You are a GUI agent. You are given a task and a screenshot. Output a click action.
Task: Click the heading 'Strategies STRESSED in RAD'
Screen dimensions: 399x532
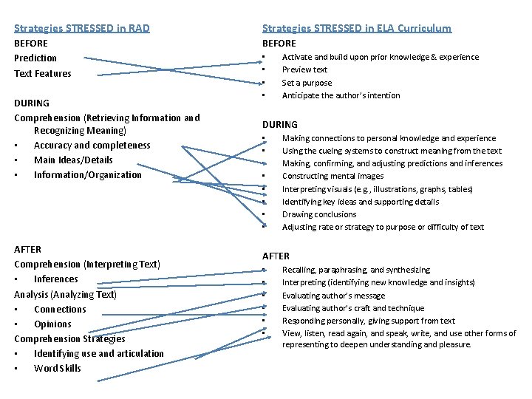82,28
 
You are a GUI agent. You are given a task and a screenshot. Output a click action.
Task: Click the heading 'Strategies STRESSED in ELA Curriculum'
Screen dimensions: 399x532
357,28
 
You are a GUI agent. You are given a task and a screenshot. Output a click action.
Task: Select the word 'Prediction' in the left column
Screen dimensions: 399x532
35,58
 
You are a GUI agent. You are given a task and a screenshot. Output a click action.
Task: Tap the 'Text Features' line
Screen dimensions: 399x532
43,73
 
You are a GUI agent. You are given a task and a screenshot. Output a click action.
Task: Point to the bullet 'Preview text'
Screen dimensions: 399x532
304,69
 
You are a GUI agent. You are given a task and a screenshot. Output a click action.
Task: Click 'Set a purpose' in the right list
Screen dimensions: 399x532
307,83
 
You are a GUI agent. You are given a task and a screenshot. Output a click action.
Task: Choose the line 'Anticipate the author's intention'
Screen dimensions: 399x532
341,95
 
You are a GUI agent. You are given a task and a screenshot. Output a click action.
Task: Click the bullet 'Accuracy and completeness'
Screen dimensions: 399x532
92,146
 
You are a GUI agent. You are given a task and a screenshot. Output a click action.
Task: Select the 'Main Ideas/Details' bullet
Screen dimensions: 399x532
73,160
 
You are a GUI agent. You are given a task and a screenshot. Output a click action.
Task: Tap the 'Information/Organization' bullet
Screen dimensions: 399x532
87,175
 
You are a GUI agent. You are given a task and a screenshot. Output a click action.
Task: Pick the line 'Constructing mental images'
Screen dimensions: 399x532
332,176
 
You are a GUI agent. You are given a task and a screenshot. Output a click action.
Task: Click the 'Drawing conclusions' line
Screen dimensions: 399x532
319,214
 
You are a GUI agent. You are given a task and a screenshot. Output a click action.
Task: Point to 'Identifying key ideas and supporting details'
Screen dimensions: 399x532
360,202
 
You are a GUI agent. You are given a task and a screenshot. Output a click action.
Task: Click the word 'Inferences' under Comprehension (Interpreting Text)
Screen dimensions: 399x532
55,279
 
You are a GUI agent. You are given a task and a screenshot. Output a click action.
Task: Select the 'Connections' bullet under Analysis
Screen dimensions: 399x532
60,310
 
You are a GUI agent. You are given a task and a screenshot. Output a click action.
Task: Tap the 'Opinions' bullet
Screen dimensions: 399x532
52,324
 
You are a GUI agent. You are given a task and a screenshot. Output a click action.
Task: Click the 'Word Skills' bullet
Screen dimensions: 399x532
57,369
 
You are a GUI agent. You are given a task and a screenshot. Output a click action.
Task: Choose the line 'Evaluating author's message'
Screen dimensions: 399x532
333,296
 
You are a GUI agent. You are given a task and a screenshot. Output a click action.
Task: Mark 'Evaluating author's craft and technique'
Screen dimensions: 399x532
352,308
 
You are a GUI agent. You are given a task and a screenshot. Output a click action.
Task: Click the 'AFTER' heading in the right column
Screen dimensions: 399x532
276,256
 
